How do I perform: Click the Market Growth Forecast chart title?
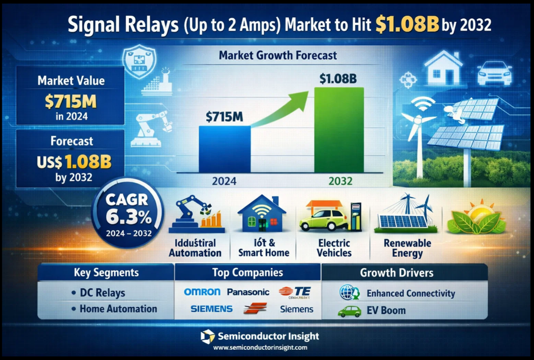point(278,55)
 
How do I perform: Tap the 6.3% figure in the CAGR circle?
point(129,218)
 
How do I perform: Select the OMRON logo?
point(202,292)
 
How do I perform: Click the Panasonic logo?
point(248,292)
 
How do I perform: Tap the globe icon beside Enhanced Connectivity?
point(349,293)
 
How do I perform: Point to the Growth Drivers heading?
point(396,273)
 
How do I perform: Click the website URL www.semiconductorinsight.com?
point(260,348)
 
